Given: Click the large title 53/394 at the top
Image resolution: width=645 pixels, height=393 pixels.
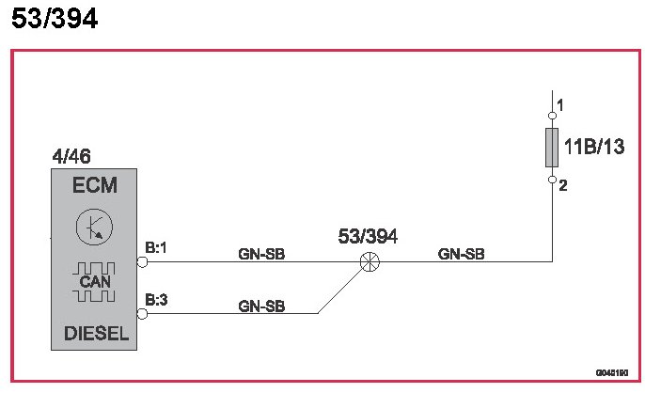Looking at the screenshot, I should [55, 20].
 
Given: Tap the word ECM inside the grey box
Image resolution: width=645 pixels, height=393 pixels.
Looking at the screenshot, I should [94, 186].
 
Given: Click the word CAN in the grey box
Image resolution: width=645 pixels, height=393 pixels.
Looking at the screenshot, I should [94, 282].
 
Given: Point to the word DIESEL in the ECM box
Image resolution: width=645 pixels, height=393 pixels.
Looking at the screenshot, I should [94, 334].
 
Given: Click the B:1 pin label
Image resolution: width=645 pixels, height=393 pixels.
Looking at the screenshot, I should [156, 248].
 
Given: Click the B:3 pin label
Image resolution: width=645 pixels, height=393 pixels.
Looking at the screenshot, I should [156, 301].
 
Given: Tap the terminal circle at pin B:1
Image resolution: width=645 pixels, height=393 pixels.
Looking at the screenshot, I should [142, 262].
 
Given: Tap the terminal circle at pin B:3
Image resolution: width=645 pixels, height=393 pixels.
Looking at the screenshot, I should [142, 314].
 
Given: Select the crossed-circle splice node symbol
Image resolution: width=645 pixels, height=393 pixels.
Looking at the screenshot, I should [368, 262].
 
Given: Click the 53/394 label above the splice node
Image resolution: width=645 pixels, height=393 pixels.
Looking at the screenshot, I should [367, 237].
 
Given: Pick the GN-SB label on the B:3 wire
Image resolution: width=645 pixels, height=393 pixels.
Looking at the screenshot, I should [262, 306].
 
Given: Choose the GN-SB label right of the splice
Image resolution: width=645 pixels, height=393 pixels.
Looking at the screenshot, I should [462, 253].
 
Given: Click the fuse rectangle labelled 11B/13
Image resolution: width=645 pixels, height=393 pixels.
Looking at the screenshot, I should [552, 146].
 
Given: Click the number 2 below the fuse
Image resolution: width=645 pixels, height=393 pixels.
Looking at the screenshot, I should [562, 186].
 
